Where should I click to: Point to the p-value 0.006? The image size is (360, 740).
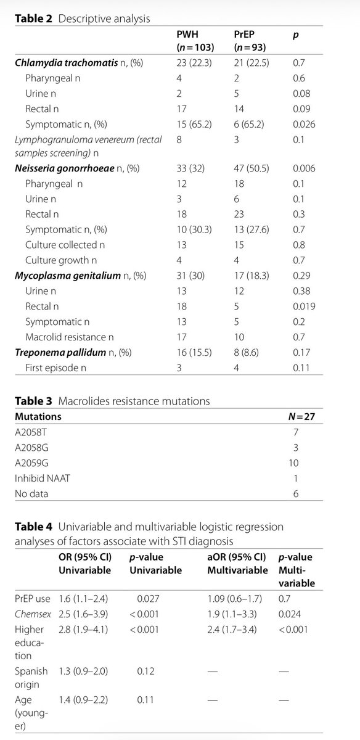tap(305, 168)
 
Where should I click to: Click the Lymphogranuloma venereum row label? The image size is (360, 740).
tap(89, 145)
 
